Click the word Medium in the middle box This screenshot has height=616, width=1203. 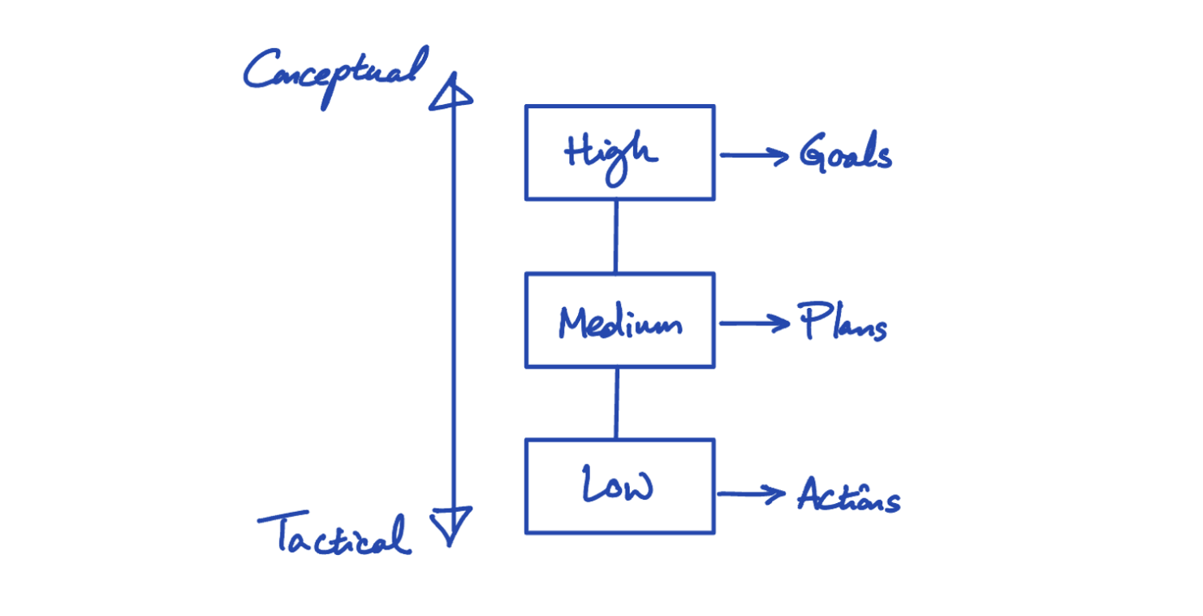(619, 323)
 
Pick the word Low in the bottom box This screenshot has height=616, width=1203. (618, 485)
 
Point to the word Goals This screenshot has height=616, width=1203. (845, 154)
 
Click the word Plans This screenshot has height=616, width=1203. (842, 323)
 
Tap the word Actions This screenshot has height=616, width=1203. (848, 495)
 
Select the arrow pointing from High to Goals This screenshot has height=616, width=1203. (753, 155)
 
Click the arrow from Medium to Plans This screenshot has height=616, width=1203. (754, 323)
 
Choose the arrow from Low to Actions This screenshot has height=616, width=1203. (751, 493)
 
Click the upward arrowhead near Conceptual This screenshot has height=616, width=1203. (451, 92)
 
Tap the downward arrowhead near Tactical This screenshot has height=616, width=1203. (451, 524)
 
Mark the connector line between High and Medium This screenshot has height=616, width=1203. (615, 236)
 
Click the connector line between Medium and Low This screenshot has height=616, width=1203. (616, 403)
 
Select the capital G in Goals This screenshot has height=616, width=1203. (813, 152)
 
